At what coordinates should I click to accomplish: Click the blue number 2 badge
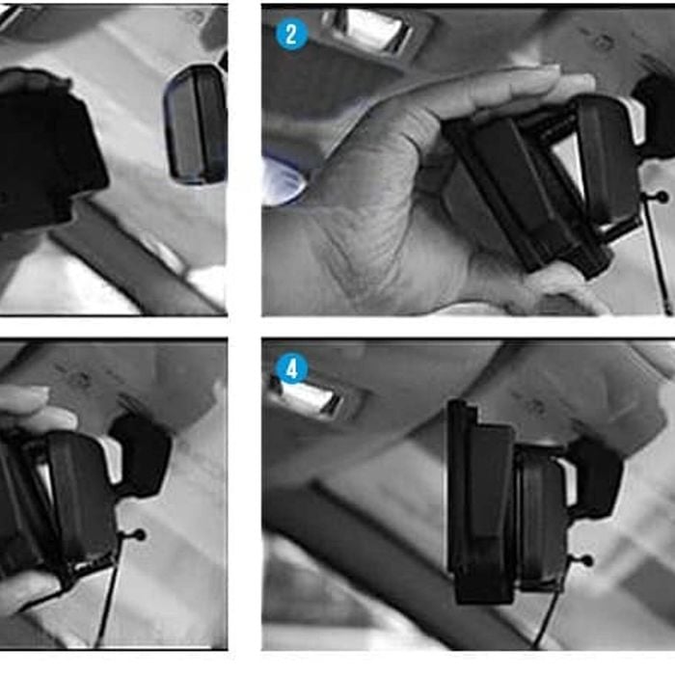(x=291, y=34)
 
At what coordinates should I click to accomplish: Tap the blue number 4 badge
(x=292, y=368)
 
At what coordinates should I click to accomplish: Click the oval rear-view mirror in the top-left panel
(x=196, y=124)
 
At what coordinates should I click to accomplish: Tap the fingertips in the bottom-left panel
(x=26, y=400)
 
